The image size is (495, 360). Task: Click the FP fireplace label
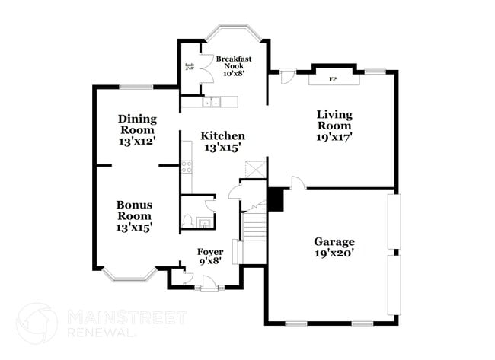332,79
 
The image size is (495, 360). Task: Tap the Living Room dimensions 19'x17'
334,139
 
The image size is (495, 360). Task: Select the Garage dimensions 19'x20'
334,255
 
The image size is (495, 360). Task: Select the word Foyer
209,252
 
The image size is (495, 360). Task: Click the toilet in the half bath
187,221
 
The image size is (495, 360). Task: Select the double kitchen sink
211,101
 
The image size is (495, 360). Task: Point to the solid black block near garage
276,199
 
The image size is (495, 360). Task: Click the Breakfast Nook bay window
234,36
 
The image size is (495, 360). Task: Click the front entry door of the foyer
207,286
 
